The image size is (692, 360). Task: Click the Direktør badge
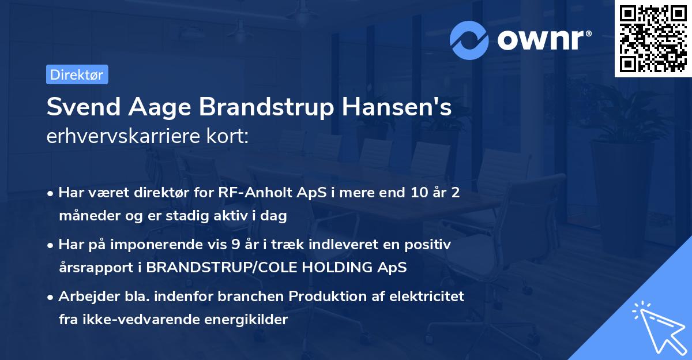77,74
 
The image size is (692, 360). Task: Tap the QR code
653,39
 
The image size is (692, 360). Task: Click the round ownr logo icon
469,40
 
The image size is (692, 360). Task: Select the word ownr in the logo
543,40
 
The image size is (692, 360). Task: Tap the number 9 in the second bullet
235,245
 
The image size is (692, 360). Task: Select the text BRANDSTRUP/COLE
213,268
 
